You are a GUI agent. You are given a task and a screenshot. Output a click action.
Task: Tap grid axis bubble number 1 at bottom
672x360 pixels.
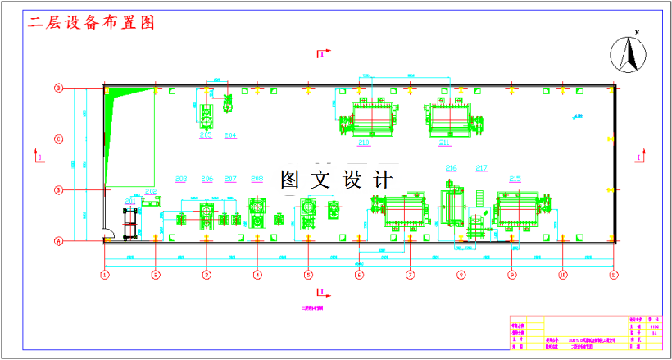click(x=105, y=275)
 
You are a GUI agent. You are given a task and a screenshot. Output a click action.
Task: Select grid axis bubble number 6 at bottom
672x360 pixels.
click(x=359, y=275)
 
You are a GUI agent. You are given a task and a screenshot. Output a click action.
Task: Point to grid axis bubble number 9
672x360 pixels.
click(x=511, y=275)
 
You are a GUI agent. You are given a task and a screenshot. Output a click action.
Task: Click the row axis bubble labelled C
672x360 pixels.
click(x=58, y=139)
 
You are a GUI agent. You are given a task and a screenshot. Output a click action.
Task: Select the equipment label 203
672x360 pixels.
click(x=181, y=178)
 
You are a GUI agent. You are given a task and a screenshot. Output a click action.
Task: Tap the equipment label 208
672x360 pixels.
click(x=257, y=178)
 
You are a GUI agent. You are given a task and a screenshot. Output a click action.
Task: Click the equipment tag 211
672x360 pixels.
click(x=444, y=143)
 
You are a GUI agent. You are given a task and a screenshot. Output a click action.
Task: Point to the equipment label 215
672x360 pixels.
click(x=515, y=178)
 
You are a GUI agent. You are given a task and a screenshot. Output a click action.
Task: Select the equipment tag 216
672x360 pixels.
click(x=451, y=167)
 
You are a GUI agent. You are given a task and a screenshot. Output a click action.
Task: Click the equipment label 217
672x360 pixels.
click(x=481, y=167)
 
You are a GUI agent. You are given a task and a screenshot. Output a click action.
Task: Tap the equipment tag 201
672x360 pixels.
click(x=130, y=200)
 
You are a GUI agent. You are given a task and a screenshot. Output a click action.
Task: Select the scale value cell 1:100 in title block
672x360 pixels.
click(x=653, y=326)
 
